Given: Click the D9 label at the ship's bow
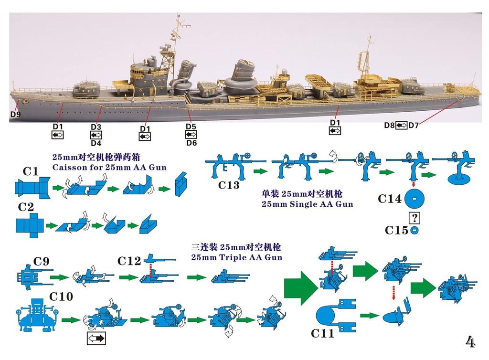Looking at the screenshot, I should click(16, 115).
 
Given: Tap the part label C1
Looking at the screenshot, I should click(30, 171).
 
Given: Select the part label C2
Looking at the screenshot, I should click(26, 208).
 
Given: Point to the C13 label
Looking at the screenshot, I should click(229, 185).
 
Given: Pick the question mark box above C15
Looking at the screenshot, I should click(415, 218).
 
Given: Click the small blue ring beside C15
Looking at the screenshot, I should click(414, 231).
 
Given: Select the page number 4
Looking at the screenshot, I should click(470, 342).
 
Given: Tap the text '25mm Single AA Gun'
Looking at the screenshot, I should click(307, 204).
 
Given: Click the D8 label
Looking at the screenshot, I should click(389, 125).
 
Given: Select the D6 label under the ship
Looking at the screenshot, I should click(191, 143).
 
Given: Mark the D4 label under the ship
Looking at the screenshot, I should click(96, 143).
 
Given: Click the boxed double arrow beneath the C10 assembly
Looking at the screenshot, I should click(96, 339).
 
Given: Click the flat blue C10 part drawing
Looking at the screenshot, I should click(36, 317).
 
